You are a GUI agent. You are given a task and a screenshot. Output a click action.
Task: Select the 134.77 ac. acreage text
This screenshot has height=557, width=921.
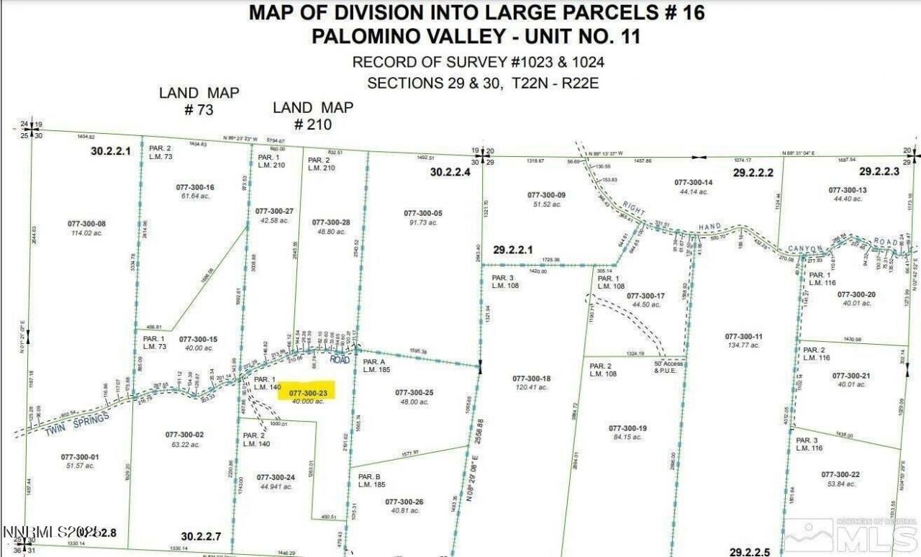743,345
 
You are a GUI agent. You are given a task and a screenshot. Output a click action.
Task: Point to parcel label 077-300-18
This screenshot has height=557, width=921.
532,379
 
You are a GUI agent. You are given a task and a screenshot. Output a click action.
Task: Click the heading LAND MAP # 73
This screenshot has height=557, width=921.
199,100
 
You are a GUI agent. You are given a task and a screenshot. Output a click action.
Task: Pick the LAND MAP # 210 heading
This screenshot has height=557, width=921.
313,115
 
